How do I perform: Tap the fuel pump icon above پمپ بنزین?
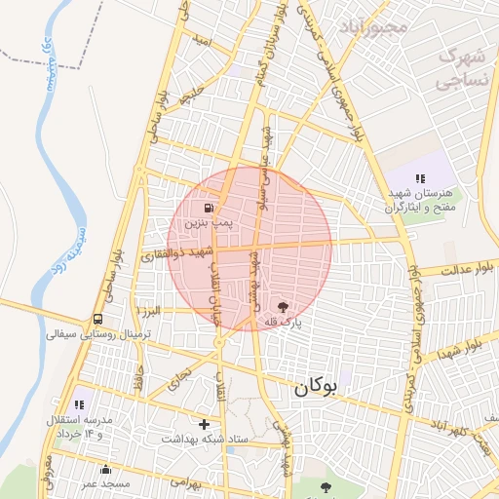pos(209,208)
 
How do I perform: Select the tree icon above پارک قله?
pos(283,306)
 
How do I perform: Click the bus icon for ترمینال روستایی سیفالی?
pos(98,319)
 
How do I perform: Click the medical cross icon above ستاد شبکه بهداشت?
pos(204,424)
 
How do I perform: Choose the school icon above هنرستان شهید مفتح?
pos(420,178)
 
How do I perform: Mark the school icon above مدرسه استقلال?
pos(79,403)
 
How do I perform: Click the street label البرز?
pos(148,310)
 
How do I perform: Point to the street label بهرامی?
pos(184,480)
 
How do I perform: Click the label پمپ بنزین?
pos(209,222)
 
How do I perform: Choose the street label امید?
pos(201,41)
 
